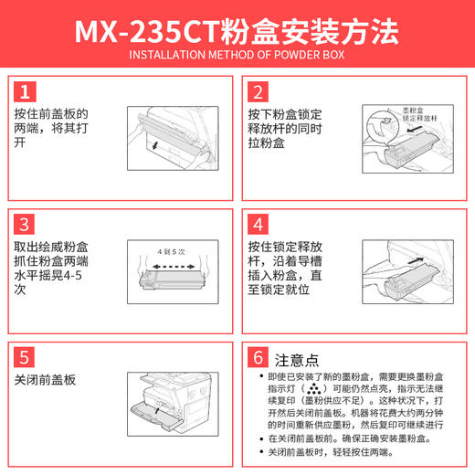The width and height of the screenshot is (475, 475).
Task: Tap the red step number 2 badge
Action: point(259,91)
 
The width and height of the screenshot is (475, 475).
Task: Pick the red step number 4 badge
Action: point(259,225)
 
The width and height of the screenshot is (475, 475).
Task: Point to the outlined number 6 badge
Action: point(259,358)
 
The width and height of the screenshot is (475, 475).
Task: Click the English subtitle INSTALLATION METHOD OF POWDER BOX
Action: point(237,58)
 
